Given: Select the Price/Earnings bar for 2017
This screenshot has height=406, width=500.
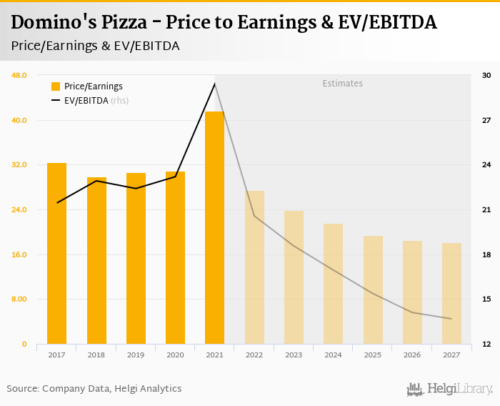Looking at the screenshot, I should point(56,253).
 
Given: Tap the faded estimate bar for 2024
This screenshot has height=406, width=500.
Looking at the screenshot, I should point(333,284).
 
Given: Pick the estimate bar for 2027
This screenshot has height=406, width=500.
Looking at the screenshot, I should point(451,293).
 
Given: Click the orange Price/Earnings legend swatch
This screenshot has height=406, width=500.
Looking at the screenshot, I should point(56,86).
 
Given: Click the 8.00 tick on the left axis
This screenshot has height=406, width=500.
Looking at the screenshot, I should point(19,299).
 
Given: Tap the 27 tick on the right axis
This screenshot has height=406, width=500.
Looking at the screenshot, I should point(486,120).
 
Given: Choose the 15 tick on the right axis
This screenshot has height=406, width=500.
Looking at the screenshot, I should point(486,299).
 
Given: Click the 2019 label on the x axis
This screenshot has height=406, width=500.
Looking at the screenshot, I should point(136,355).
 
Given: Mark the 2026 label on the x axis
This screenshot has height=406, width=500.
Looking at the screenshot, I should point(412,355).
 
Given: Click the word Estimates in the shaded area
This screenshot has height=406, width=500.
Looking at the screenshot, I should point(342,84).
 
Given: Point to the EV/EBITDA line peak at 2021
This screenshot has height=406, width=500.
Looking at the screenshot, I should point(214,84).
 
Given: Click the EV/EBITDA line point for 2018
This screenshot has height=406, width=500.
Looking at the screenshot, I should point(96,181).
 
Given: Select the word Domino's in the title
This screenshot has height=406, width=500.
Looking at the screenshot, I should point(48,23).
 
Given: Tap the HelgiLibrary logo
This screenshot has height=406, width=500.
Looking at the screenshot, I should point(450,389).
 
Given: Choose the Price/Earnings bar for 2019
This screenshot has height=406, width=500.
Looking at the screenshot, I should point(136,258).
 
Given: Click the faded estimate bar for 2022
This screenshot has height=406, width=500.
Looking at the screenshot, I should point(254,267).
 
